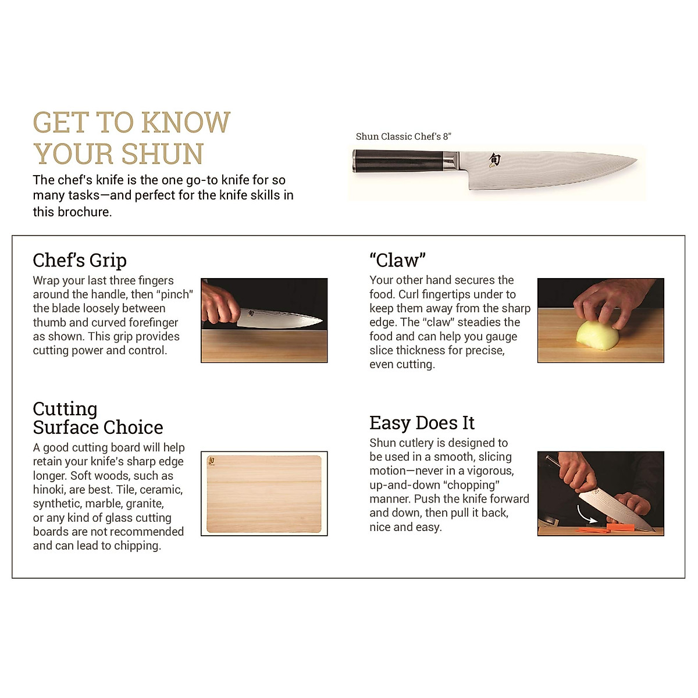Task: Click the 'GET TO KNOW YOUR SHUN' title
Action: click(x=131, y=138)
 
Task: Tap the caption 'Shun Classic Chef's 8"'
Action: click(x=403, y=137)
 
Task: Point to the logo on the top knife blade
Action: click(x=494, y=160)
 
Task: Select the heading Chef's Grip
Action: click(x=80, y=260)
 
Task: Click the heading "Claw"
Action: click(x=397, y=260)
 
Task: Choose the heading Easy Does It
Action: click(x=422, y=423)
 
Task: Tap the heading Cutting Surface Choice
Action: click(x=98, y=418)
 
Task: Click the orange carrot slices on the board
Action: click(x=619, y=528)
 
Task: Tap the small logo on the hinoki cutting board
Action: click(x=211, y=461)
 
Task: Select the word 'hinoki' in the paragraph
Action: click(x=49, y=490)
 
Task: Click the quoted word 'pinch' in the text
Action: click(x=175, y=295)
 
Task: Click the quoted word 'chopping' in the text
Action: click(x=471, y=485)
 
